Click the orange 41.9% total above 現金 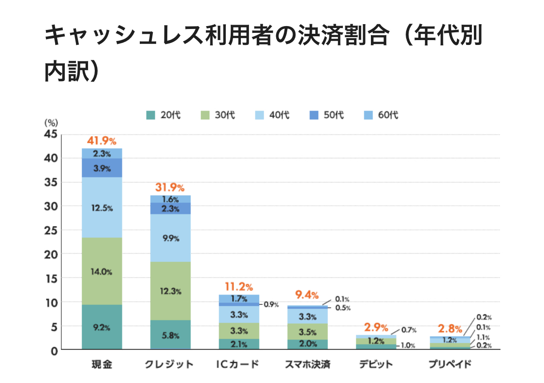point(102,142)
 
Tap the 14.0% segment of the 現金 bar point(102,271)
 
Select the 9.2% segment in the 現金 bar point(102,327)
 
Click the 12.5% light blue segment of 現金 point(102,208)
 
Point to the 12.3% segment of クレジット point(171,291)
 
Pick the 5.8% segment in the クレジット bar point(171,334)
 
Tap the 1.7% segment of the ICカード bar point(239,299)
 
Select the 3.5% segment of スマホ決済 point(308,332)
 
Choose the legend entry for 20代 point(164,115)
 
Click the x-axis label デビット point(376,364)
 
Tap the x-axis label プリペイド point(450,364)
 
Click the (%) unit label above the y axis point(51,123)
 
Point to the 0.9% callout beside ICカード point(271,305)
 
